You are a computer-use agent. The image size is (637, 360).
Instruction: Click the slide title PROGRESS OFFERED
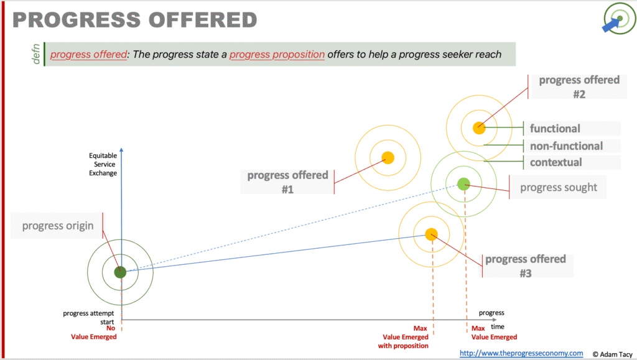coord(135,20)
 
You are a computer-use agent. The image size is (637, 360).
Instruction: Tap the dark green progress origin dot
coord(120,272)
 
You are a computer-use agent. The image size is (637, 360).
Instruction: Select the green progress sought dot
coord(463,184)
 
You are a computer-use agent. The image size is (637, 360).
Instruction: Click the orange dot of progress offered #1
coord(388,157)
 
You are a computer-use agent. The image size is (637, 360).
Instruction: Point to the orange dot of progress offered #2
coord(479,128)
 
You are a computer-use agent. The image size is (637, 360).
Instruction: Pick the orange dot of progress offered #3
coord(431,234)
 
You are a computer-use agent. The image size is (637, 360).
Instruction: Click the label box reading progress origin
coord(57,226)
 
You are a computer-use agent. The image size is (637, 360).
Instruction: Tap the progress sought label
coord(558,187)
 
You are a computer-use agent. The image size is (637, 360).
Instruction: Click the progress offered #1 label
coord(287,182)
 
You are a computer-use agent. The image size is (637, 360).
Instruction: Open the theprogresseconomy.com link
coord(521,353)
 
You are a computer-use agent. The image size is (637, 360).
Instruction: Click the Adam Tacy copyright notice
coord(612,354)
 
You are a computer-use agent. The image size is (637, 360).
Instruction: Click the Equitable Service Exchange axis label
coord(103,164)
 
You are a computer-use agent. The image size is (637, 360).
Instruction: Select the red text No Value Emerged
coord(94,333)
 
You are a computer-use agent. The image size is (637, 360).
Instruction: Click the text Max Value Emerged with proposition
coord(403,337)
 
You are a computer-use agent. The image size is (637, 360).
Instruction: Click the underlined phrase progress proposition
coord(277,54)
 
